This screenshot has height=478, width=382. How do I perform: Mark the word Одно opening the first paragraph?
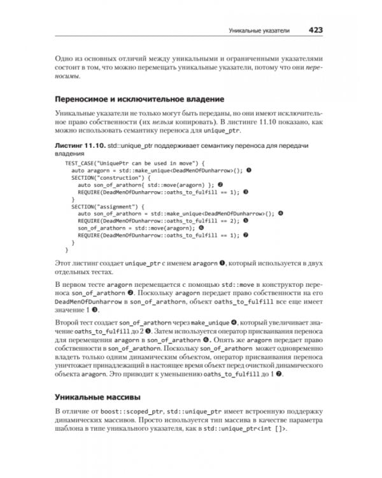(66, 57)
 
